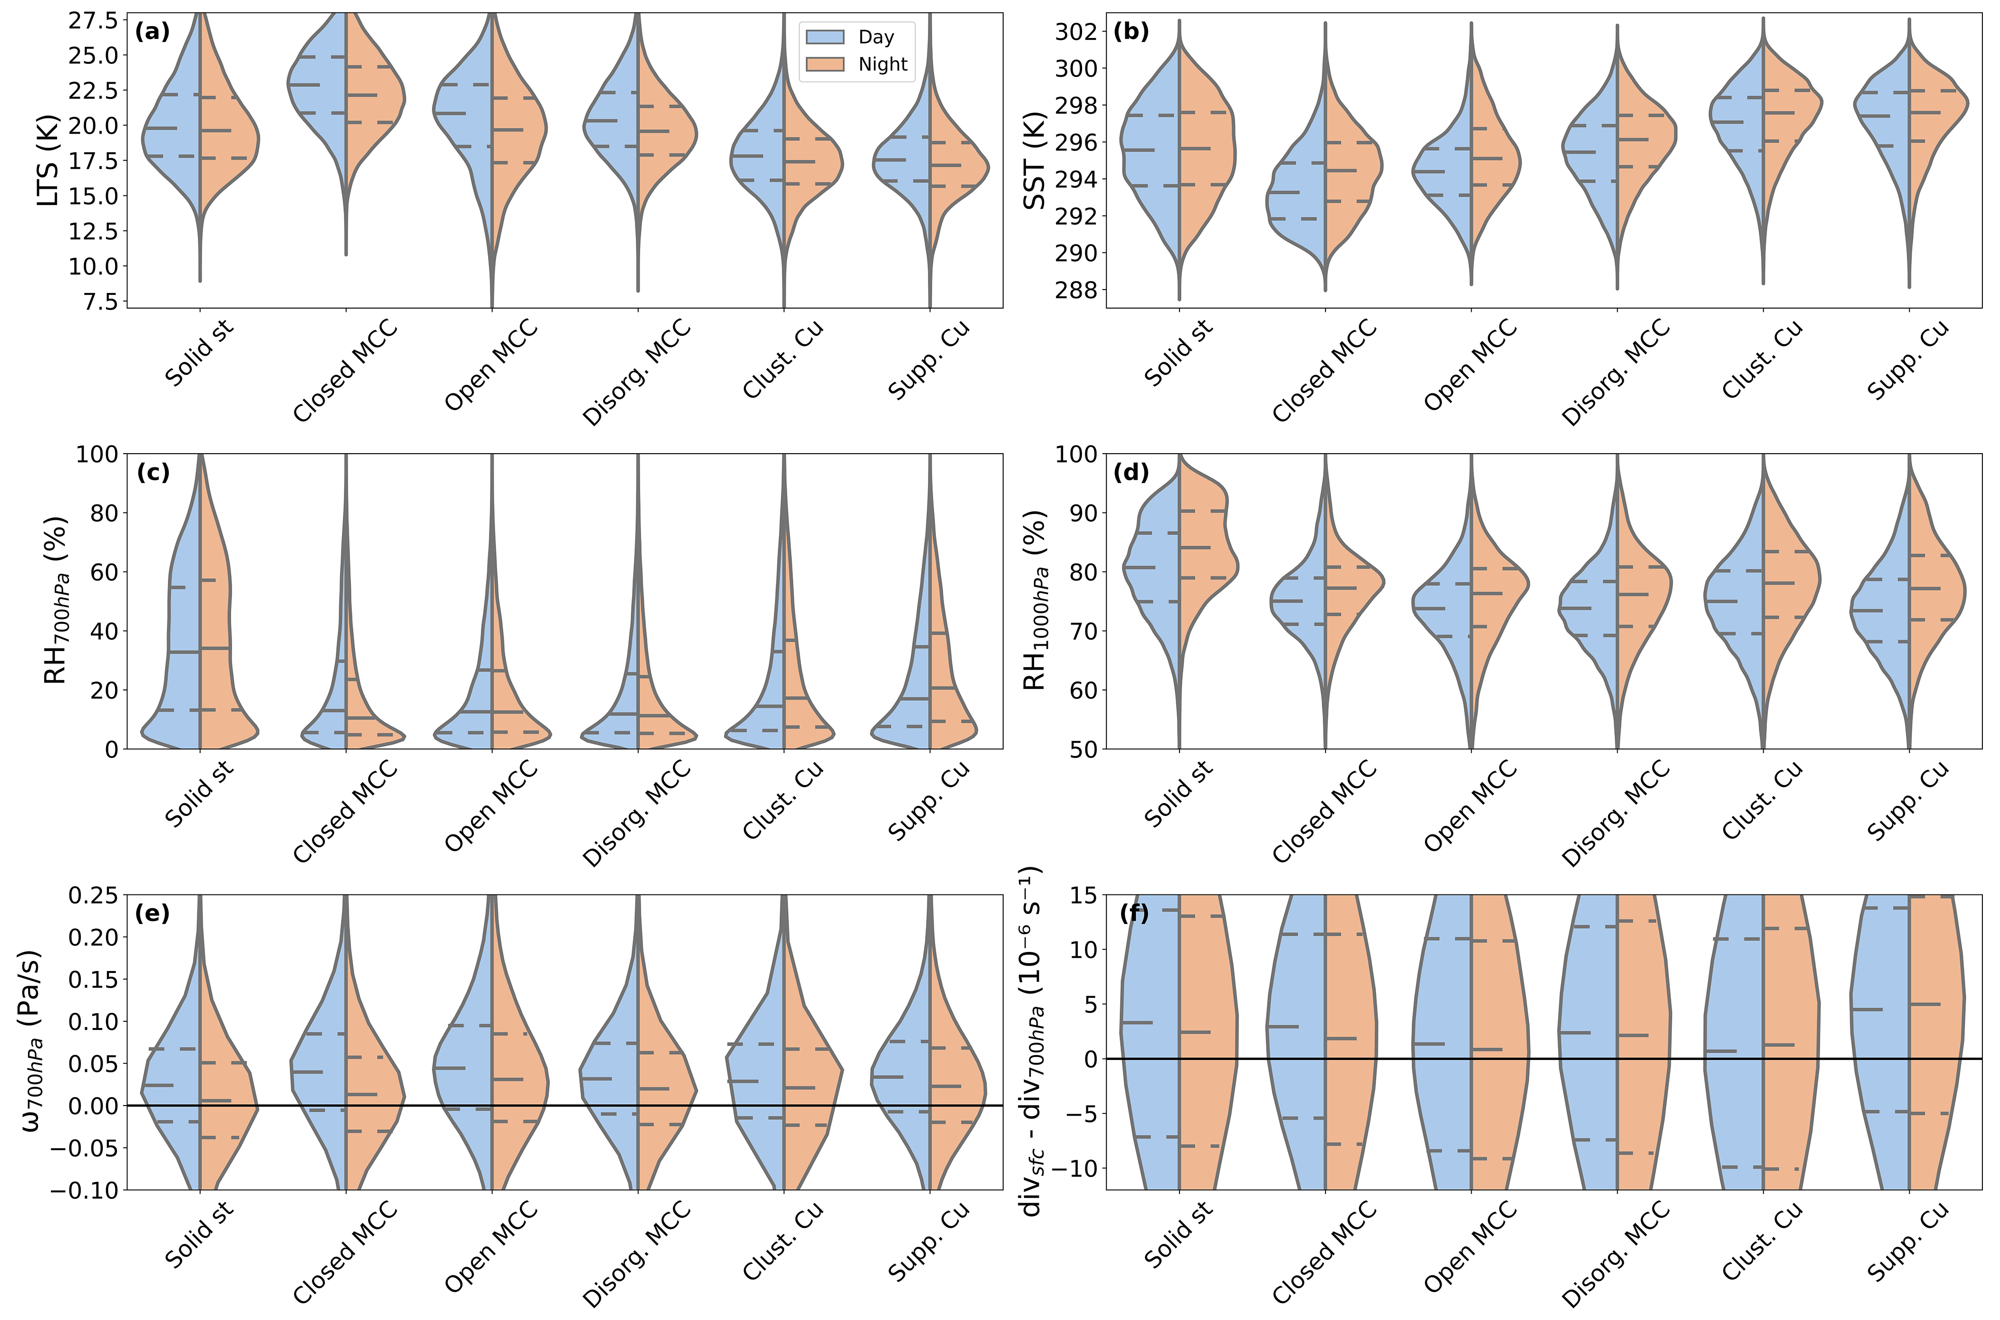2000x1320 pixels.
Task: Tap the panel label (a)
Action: (152, 32)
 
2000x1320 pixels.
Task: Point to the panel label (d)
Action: (1131, 472)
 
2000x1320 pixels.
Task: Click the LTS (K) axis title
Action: (49, 160)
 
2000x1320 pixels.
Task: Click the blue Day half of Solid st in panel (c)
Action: (181, 640)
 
